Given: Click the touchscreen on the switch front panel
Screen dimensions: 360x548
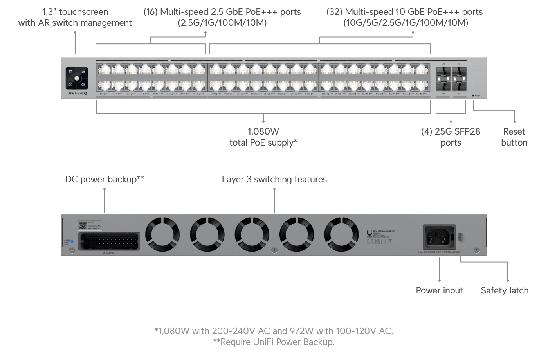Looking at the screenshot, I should (x=77, y=78).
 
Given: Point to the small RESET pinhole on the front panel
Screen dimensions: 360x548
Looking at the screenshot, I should (x=473, y=95).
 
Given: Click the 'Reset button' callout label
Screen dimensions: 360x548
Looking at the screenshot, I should (x=514, y=137).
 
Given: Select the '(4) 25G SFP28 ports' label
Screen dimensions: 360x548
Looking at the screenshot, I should (x=451, y=137).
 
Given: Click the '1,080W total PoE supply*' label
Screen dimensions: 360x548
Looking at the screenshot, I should (x=263, y=137).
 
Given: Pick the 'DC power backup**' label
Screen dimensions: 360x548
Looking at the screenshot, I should (x=104, y=179).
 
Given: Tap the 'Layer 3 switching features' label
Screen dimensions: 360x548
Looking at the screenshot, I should (x=274, y=179).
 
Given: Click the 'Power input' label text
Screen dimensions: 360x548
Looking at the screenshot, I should (x=439, y=290).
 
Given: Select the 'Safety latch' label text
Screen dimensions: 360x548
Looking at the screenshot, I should (x=505, y=290).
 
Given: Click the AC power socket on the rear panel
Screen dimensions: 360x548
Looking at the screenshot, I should (x=439, y=236).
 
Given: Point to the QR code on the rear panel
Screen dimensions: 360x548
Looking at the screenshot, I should (x=83, y=225).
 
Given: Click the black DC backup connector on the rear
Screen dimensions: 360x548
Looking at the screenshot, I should (x=109, y=241).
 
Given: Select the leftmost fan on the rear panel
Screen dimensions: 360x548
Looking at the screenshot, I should (x=162, y=234).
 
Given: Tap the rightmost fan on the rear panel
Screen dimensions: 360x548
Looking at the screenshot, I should (x=341, y=234).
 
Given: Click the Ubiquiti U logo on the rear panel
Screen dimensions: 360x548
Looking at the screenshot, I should (x=369, y=233).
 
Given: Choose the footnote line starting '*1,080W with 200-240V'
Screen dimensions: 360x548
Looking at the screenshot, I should (x=274, y=331).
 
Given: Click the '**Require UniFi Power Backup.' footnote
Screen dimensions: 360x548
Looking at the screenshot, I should (x=274, y=342).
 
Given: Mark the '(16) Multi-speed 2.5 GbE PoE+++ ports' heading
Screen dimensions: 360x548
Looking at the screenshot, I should (x=222, y=12).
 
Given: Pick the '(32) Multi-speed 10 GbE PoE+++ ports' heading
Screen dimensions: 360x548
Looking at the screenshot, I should (x=404, y=12).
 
